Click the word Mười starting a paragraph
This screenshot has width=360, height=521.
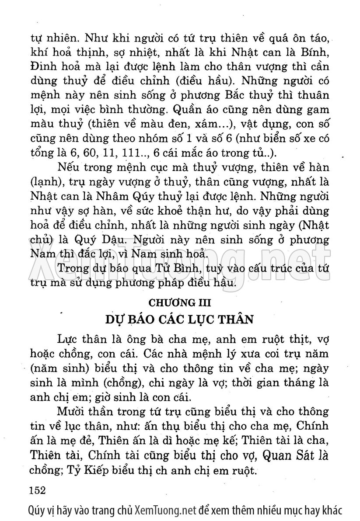point(72,412)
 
